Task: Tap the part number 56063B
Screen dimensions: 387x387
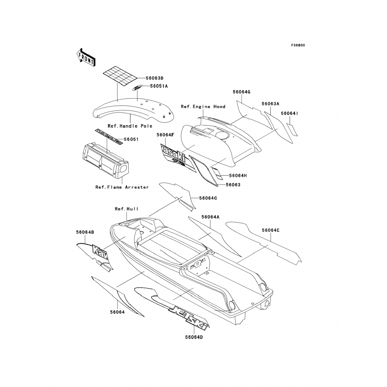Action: [154, 78]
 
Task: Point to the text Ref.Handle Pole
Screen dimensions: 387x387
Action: [130, 126]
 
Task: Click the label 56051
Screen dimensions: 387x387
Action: [131, 139]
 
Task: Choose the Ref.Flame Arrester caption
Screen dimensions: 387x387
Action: [122, 187]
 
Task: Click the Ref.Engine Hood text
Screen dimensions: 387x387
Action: [203, 107]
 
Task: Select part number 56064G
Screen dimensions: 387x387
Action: [241, 92]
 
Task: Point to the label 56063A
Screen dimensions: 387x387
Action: [270, 104]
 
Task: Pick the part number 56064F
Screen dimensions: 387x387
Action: [165, 135]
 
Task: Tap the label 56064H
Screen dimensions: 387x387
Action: [238, 176]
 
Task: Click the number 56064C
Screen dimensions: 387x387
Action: [208, 198]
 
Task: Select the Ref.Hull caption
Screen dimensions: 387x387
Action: [126, 209]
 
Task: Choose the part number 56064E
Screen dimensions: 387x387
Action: [271, 230]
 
